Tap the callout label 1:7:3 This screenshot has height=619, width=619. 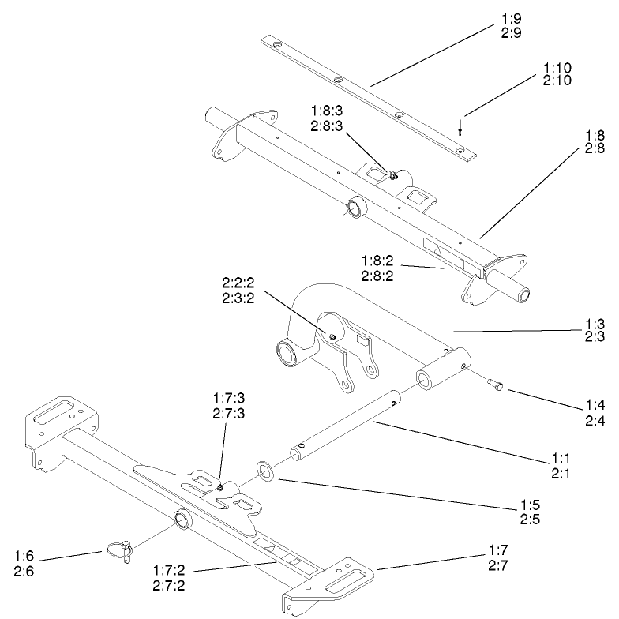[x=228, y=403]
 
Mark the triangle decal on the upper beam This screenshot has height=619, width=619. [x=436, y=249]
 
